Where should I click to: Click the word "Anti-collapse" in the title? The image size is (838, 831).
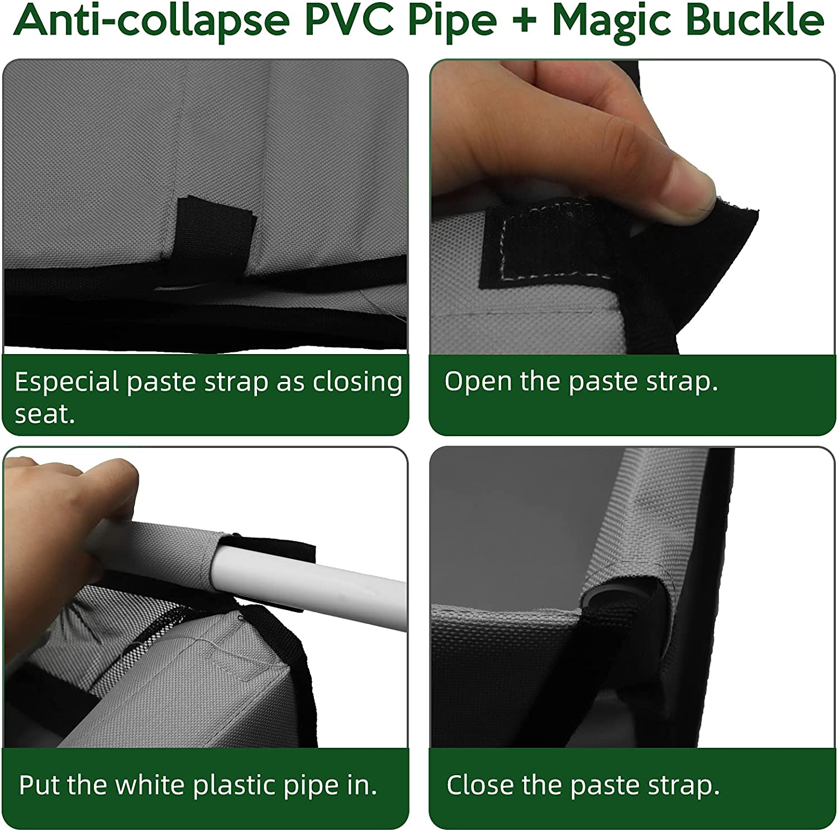click(151, 21)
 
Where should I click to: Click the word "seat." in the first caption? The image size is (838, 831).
click(45, 414)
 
